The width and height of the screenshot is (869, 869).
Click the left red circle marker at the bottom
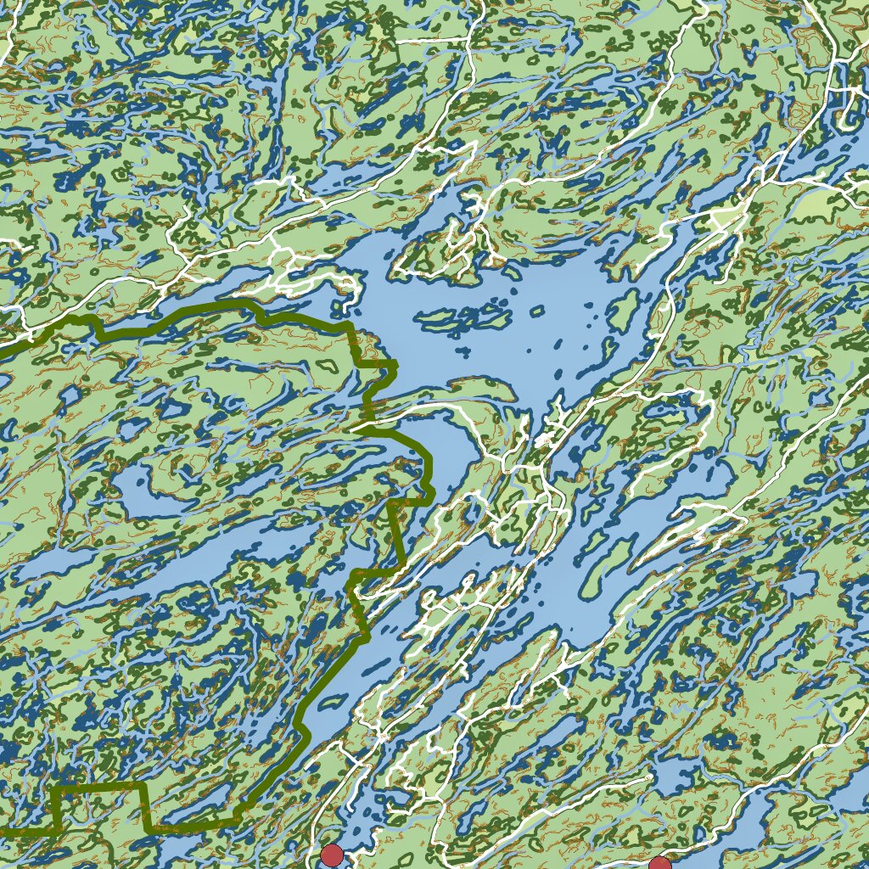[x=332, y=855]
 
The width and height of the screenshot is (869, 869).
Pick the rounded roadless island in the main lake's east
[x=624, y=311]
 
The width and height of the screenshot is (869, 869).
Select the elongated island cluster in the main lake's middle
[x=463, y=318]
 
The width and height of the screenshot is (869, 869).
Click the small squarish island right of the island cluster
[x=536, y=311]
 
